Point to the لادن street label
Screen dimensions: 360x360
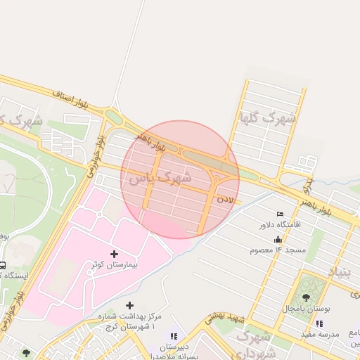click(224, 200)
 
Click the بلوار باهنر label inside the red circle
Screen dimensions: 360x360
click(151, 141)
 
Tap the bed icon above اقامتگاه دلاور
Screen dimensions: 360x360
click(281, 214)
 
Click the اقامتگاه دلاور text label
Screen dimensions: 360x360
click(280, 225)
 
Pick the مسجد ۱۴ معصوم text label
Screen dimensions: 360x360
click(283, 250)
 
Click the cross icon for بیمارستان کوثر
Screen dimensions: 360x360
click(115, 253)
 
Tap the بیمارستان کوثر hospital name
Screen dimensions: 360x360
click(115, 264)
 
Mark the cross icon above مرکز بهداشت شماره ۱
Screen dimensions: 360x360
click(129, 305)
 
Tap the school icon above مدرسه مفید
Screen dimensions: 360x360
click(319, 323)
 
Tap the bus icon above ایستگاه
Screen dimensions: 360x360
click(2, 266)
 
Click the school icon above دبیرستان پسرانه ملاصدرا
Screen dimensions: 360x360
click(174, 337)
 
